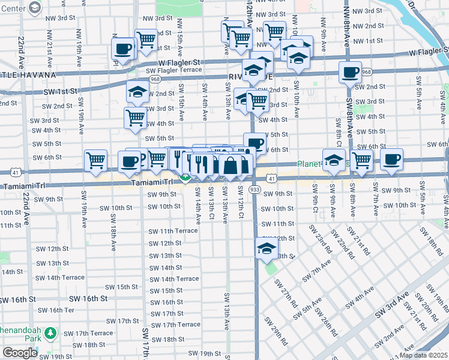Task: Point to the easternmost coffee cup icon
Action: [391, 159]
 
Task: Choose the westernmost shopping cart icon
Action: [95, 160]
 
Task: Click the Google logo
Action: [20, 353]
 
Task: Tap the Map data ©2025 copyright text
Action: [423, 355]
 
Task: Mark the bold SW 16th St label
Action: [88, 298]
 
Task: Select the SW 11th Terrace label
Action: [173, 231]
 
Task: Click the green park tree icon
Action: [51, 332]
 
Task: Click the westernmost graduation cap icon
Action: [137, 92]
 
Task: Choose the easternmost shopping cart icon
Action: [361, 160]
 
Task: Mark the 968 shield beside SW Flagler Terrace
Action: [155, 79]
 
